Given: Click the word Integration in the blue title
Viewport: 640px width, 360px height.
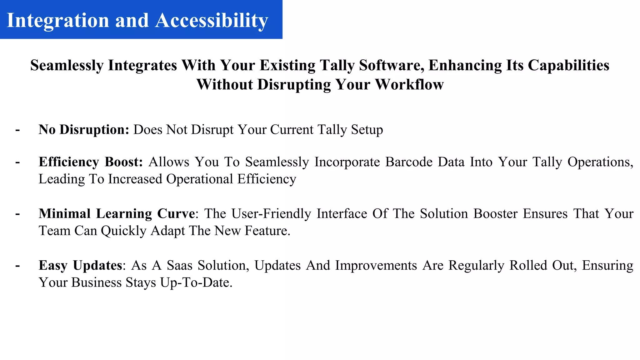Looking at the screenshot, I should [x=58, y=21].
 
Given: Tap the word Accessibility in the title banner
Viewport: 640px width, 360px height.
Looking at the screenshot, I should [x=212, y=21].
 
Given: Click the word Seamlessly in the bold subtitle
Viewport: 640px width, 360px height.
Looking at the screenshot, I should [x=67, y=65].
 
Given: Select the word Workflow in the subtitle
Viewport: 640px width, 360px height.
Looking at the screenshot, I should [x=409, y=84].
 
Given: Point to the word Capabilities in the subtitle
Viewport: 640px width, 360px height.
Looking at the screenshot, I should [x=568, y=65].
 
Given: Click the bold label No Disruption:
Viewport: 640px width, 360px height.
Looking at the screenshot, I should [x=84, y=130].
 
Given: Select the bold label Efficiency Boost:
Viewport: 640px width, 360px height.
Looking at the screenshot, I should [x=91, y=162].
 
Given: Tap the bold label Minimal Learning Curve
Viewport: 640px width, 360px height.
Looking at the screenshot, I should [x=117, y=214].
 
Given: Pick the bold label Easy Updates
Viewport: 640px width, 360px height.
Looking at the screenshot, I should [x=80, y=265].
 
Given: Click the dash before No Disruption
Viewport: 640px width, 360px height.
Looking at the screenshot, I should [x=17, y=130].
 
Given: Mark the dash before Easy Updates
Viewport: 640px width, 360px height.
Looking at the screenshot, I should [x=17, y=265].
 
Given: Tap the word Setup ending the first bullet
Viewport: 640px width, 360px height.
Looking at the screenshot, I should [x=367, y=130].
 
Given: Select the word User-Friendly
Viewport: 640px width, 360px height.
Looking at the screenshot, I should [x=271, y=214].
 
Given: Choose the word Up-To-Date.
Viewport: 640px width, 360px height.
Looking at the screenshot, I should [x=196, y=282].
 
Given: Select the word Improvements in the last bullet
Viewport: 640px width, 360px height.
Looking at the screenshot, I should [x=376, y=265].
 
